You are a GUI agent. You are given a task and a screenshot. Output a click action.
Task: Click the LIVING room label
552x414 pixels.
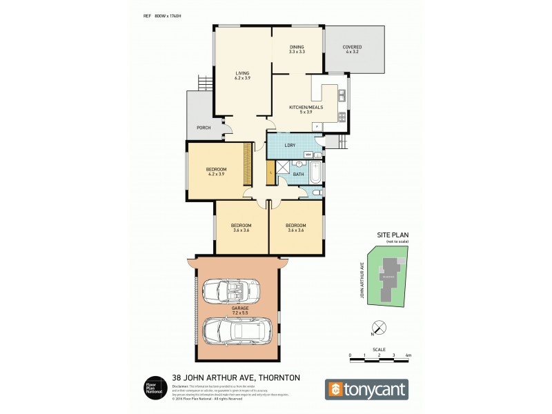point(241,76)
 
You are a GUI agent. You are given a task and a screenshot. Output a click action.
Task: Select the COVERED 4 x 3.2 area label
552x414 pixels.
point(353,49)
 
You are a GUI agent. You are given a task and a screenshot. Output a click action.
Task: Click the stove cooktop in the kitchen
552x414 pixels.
point(341,115)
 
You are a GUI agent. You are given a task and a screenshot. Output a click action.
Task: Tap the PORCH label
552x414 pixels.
point(203,128)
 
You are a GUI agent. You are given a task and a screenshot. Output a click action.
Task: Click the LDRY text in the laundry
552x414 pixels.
point(290,146)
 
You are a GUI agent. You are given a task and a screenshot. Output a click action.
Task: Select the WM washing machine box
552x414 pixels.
point(308,155)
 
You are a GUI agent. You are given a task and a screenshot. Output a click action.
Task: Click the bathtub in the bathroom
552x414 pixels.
point(316,172)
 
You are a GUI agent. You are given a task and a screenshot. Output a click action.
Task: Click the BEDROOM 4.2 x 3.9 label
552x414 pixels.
point(216,171)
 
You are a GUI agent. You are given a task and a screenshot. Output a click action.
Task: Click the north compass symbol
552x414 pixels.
point(376,328)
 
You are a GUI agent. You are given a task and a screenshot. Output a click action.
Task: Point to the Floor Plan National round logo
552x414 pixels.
point(153,388)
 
